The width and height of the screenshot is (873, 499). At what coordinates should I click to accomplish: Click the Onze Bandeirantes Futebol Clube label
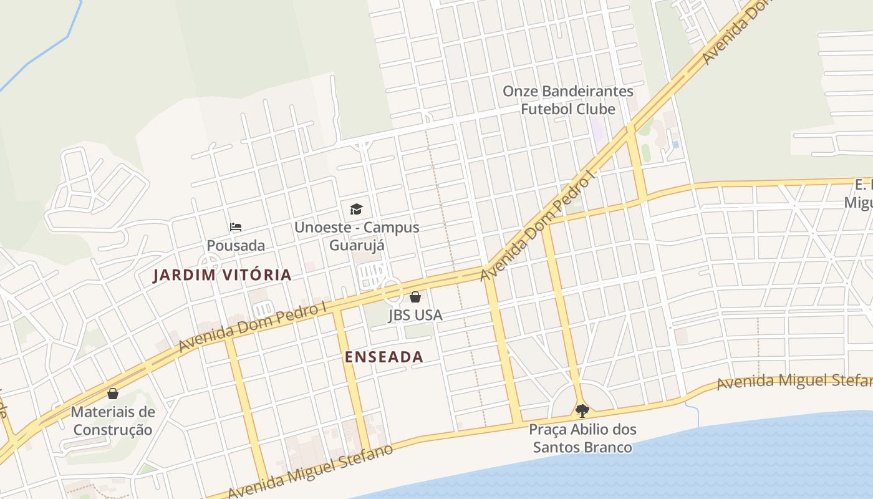[x=567, y=100]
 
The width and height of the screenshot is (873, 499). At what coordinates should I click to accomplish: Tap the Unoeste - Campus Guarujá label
[x=356, y=236]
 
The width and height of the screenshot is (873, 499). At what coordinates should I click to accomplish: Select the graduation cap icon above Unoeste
[x=356, y=209]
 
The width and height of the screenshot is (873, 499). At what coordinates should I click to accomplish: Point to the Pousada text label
[x=236, y=245]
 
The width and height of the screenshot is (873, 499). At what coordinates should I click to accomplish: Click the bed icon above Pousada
[x=236, y=227]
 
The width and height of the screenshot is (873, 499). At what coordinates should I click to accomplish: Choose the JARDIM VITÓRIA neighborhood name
[x=222, y=275]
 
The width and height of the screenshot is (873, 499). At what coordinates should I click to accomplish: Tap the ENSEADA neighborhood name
[x=383, y=357]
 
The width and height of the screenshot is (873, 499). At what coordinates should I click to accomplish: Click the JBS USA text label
[x=415, y=315]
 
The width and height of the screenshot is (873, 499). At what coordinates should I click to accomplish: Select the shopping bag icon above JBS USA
[x=415, y=297]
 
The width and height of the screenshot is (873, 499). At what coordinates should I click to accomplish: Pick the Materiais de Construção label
[x=112, y=420]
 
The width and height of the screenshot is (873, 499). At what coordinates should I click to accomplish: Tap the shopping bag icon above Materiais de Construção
[x=113, y=394]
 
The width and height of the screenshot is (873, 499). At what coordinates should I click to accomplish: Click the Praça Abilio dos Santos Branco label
[x=582, y=438]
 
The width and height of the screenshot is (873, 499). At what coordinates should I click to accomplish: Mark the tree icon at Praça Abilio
[x=582, y=410]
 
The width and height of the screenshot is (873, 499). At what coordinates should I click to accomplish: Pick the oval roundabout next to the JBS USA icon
[x=392, y=291]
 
